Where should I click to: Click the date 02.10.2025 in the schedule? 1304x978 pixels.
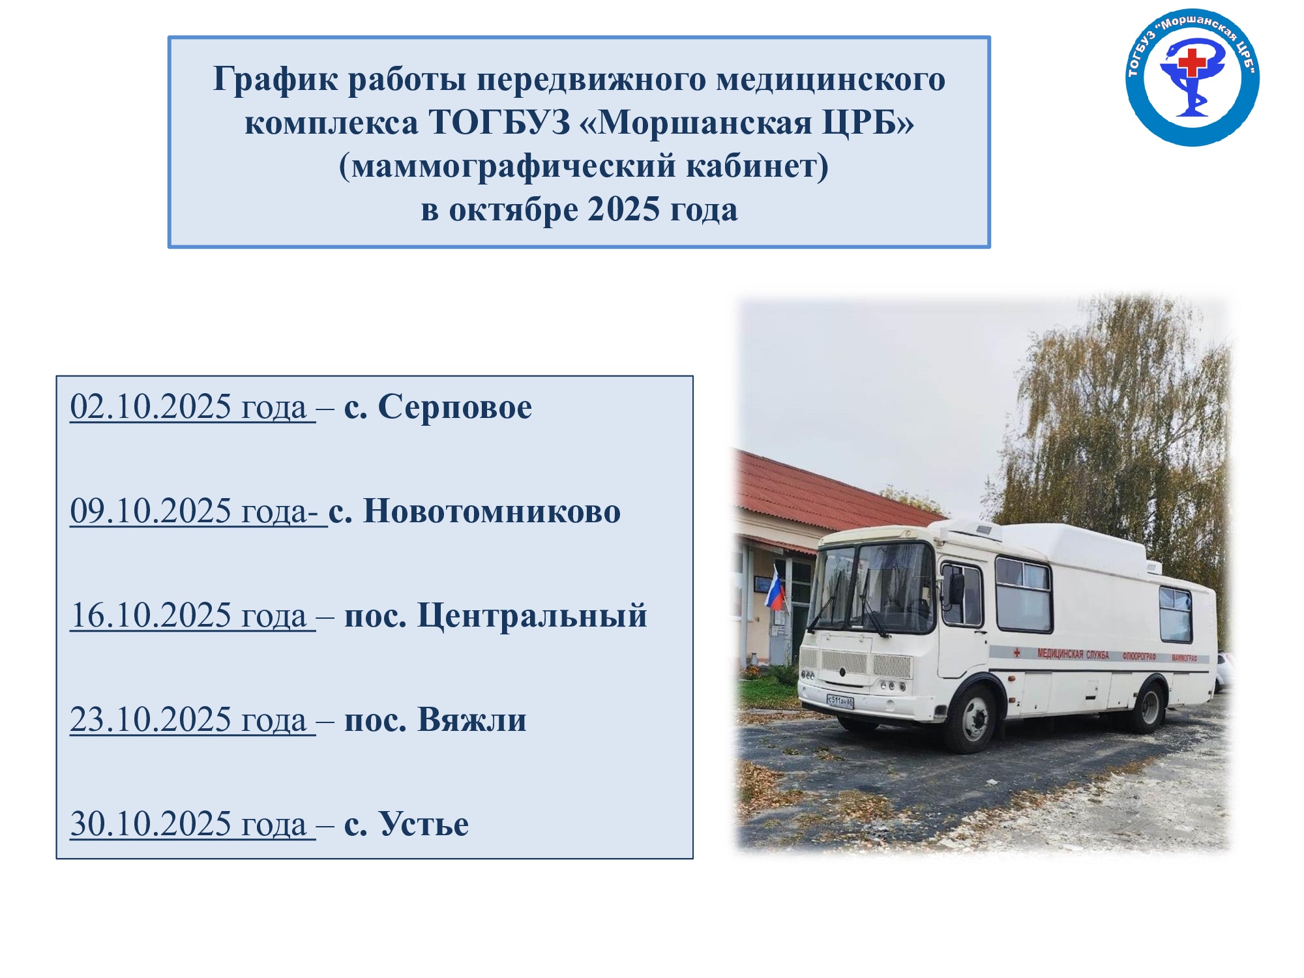pos(151,407)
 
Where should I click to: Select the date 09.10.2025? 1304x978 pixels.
pos(151,511)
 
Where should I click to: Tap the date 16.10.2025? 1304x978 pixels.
pos(151,615)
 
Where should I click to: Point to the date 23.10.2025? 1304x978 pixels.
pos(151,720)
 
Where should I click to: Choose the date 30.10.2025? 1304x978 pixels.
pos(151,824)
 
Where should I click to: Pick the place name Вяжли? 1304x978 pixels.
pos(471,720)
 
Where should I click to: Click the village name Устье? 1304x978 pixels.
pos(424,824)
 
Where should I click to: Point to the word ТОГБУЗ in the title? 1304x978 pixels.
pos(499,123)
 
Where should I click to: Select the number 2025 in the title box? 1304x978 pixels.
pos(624,210)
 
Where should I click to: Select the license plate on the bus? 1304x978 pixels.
pos(840,702)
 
